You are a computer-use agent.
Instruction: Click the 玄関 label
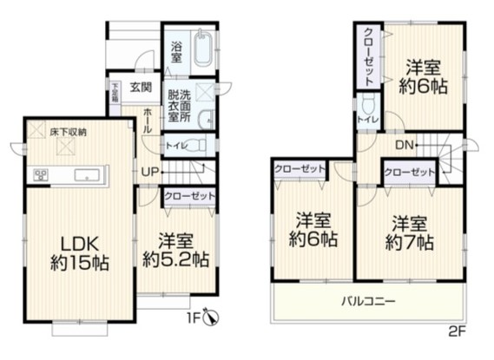[142, 87]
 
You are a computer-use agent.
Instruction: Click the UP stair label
[149, 171]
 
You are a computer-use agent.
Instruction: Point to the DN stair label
[404, 145]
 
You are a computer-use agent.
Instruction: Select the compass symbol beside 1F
[214, 319]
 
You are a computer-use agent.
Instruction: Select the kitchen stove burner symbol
[41, 176]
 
